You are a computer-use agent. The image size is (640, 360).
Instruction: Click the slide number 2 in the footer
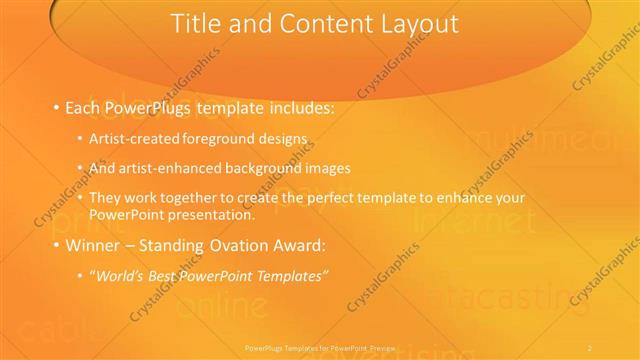[590, 348]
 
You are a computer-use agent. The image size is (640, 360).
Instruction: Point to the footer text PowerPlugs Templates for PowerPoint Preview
[320, 348]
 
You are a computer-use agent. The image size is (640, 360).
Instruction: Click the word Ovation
[244, 245]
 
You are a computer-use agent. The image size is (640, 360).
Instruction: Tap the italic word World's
[119, 274]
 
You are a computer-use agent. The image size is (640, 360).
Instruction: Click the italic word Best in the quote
[166, 274]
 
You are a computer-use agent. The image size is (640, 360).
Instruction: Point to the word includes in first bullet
[294, 107]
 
